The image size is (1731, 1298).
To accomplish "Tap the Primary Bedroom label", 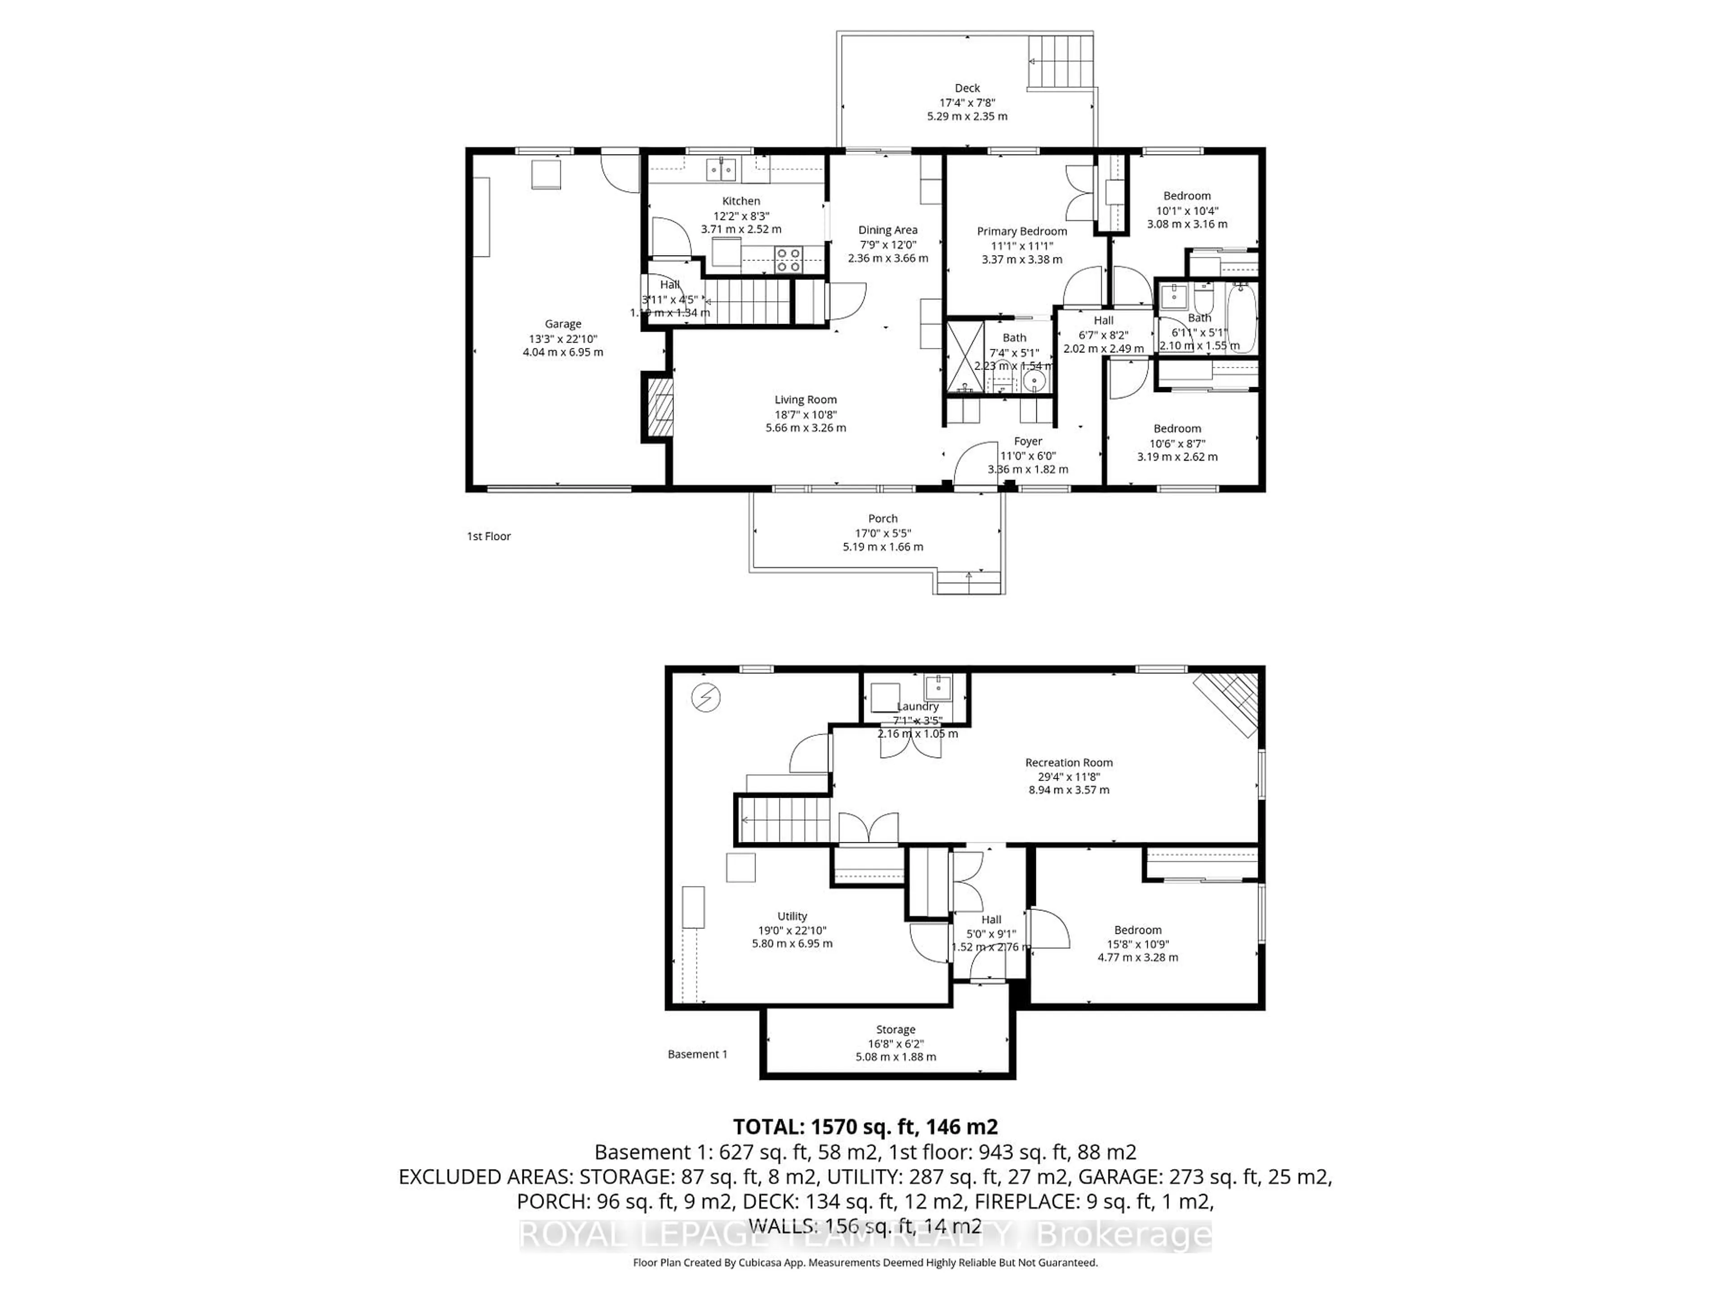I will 1021,231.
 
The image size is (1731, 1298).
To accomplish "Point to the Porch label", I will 883,518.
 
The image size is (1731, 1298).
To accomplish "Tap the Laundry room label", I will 917,706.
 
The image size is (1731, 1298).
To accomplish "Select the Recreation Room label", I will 1068,762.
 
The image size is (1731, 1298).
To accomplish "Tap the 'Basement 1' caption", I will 697,1054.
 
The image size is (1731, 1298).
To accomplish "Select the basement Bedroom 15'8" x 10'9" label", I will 1138,929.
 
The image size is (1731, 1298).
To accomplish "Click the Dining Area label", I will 888,230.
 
